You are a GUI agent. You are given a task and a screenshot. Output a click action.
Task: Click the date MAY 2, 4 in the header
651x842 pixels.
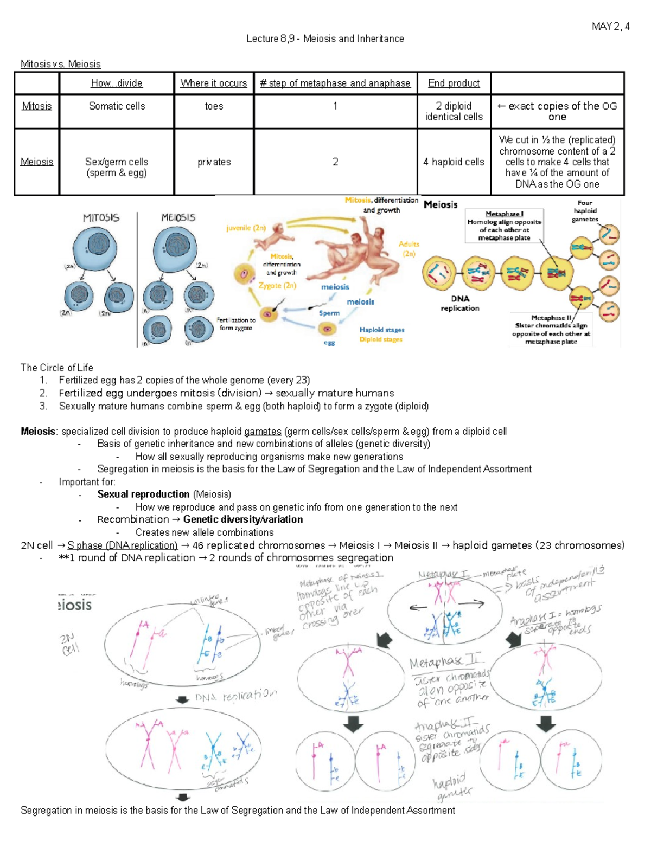pos(610,27)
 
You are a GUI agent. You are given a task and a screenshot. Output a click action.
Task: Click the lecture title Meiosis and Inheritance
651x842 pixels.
pos(353,39)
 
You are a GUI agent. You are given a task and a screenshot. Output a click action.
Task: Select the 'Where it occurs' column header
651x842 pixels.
pos(214,83)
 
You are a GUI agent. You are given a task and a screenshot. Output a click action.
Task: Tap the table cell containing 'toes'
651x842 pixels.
pos(214,106)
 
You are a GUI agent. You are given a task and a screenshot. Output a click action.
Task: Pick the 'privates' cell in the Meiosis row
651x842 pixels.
pos(214,162)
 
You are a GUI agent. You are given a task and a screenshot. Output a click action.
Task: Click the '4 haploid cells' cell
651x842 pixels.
pos(454,162)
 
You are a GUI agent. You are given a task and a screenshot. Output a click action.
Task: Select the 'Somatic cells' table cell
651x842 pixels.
pos(117,106)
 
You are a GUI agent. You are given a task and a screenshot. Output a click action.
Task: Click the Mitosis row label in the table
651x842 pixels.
pos(37,106)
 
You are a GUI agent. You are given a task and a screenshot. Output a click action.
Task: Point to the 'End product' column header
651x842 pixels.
pos(454,83)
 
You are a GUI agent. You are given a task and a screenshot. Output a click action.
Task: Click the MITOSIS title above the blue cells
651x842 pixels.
pos(101,218)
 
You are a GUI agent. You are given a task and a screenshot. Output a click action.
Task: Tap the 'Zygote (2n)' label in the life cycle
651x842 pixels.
pos(277,286)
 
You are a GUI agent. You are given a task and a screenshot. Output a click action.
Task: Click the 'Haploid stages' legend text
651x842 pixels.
pos(381,330)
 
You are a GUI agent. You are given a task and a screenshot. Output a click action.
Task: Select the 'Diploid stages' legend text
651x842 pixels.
pos(380,339)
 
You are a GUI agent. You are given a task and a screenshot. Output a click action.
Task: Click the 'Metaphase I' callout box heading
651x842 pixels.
pos(504,214)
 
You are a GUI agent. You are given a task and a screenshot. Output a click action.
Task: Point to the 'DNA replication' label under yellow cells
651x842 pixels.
pos(459,304)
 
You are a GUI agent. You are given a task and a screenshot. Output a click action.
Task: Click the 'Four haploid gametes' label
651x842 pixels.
pos(585,211)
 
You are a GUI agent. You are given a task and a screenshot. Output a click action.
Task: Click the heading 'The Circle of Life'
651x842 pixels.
pos(57,368)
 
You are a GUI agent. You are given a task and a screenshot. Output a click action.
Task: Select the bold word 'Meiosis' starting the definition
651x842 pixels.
pos(38,432)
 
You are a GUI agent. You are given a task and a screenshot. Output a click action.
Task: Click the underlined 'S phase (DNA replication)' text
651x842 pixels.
pos(123,545)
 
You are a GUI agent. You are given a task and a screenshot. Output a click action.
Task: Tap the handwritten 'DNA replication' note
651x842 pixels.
pos(236,696)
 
